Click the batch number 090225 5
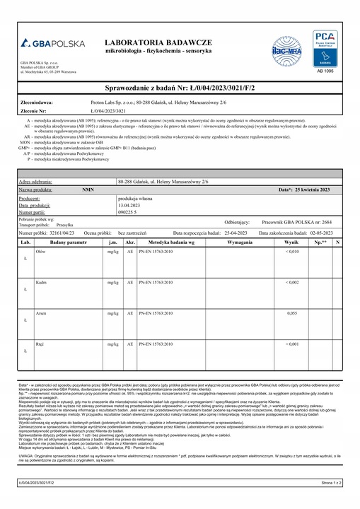click(x=129, y=212)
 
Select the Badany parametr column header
click(x=69, y=242)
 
